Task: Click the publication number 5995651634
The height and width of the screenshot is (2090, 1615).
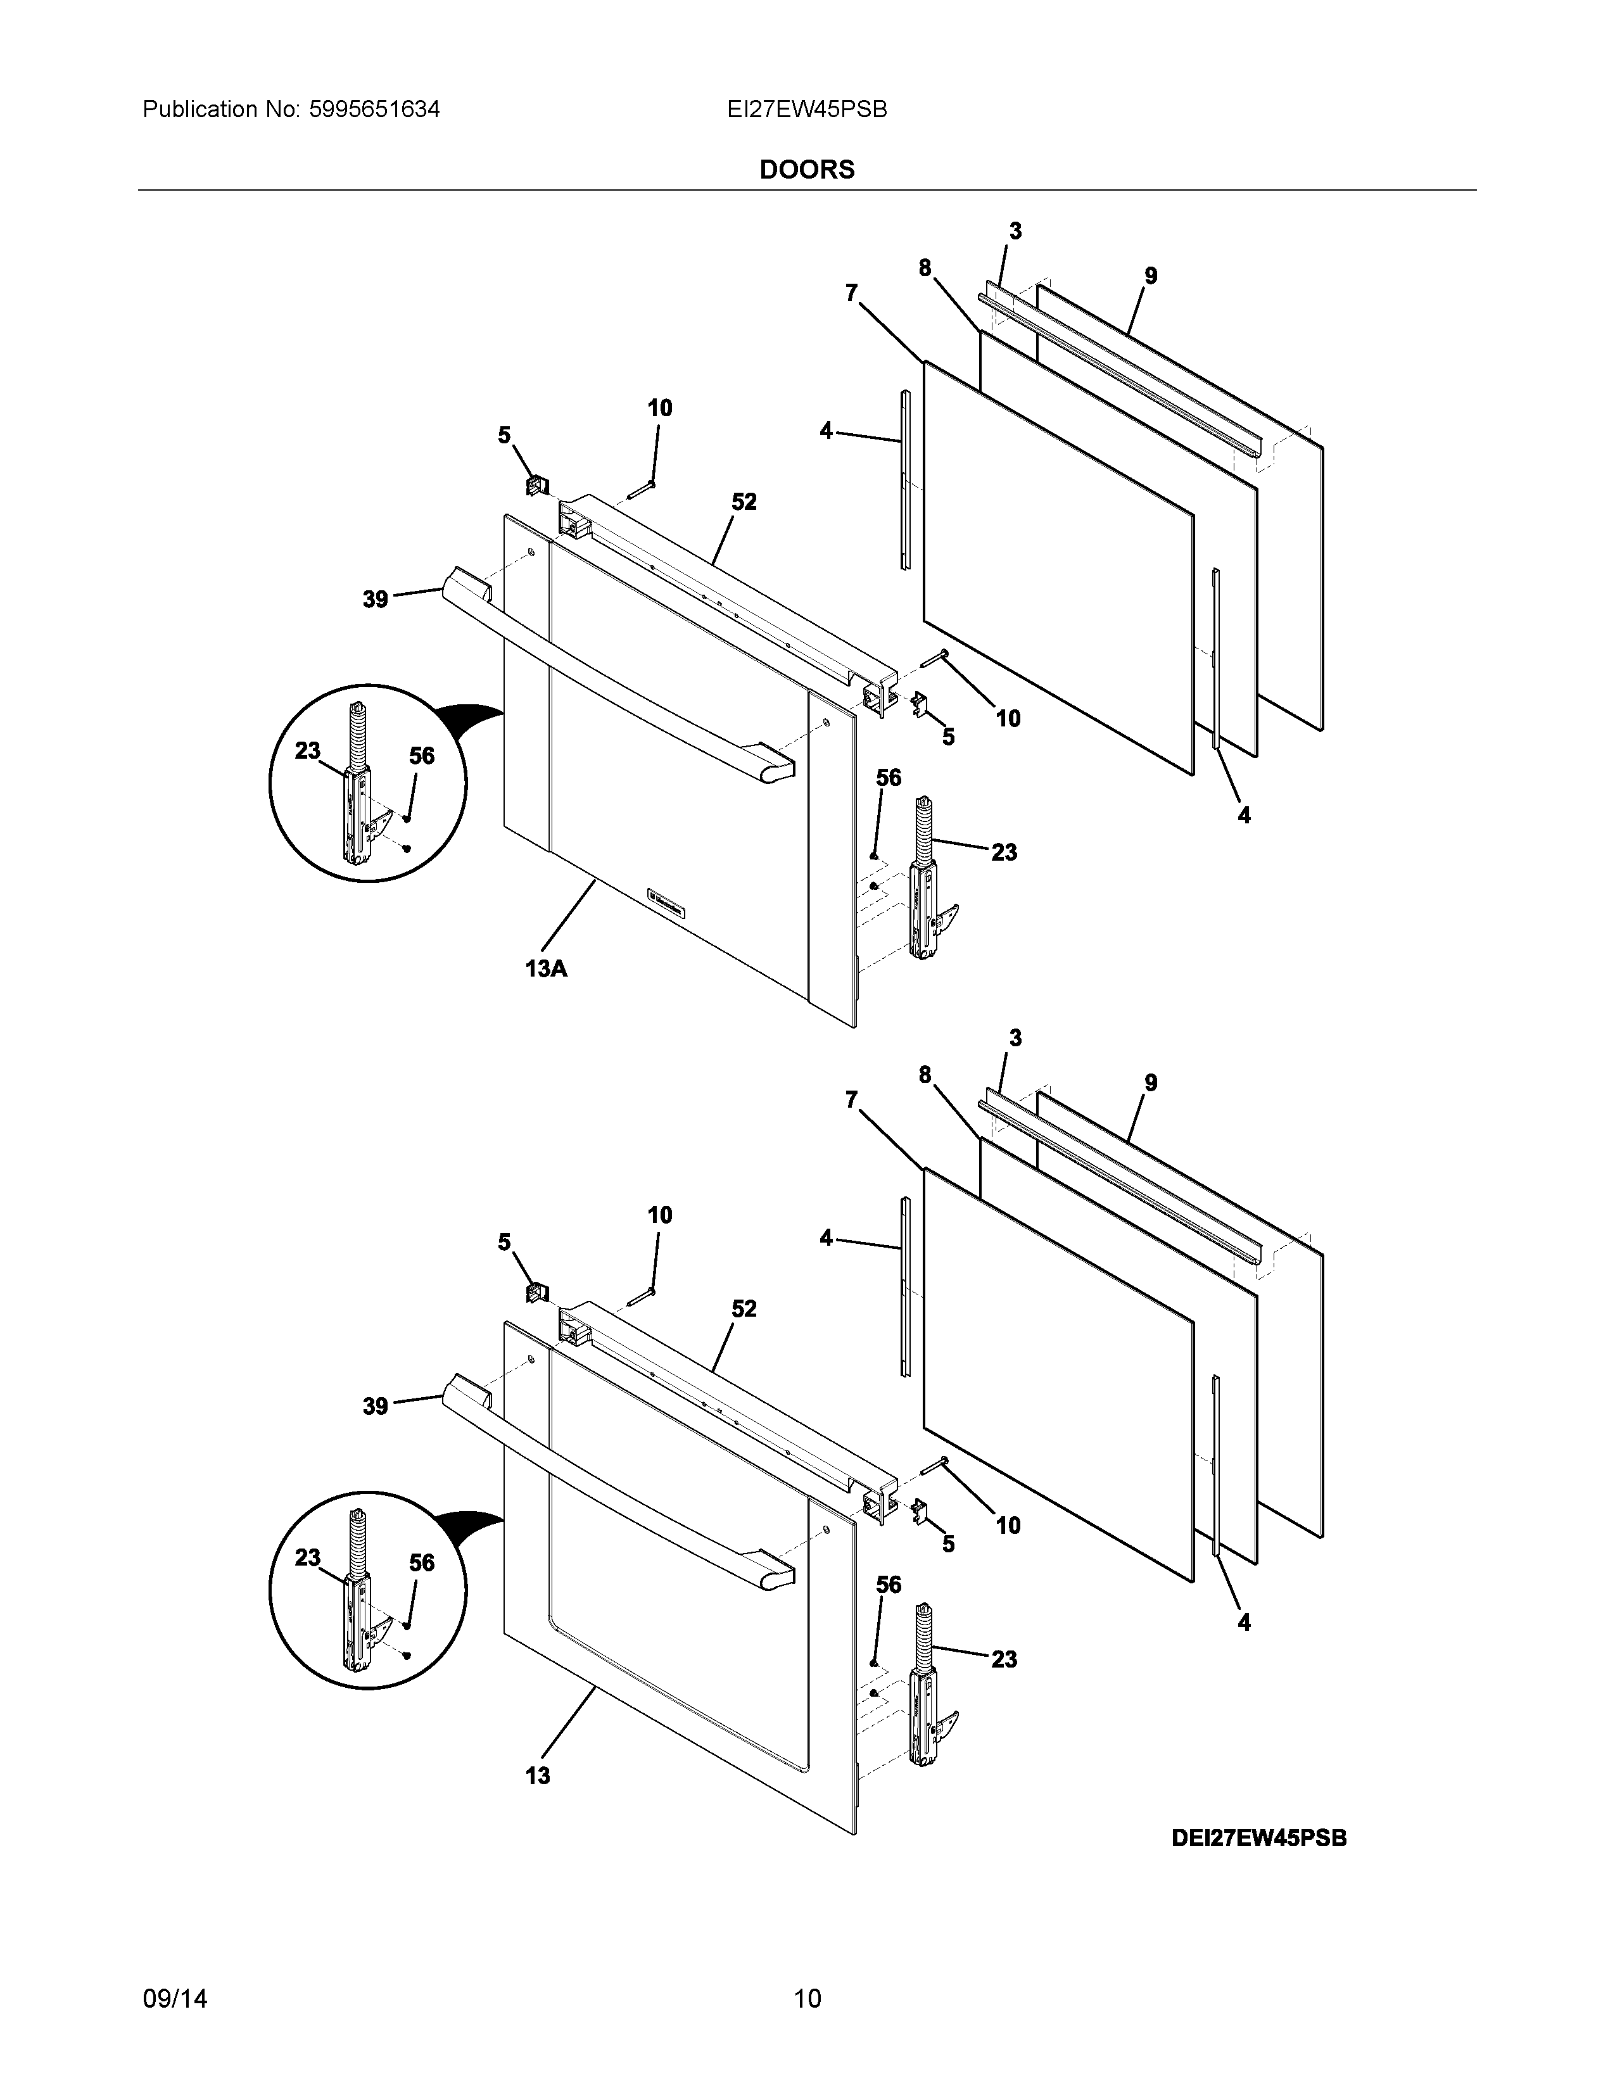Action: click(374, 110)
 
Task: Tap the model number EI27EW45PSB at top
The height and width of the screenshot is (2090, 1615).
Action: click(806, 110)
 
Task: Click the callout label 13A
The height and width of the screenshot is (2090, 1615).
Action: click(545, 968)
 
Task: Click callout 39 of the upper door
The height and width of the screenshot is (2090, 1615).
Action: click(375, 599)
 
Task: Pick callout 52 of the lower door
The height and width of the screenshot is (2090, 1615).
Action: click(744, 1308)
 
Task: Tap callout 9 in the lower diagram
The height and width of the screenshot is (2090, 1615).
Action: click(1150, 1082)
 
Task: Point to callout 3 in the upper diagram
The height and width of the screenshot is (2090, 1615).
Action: click(1015, 231)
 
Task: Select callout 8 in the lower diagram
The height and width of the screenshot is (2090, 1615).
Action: click(924, 1075)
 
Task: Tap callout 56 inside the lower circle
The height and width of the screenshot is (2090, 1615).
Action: click(421, 1562)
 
